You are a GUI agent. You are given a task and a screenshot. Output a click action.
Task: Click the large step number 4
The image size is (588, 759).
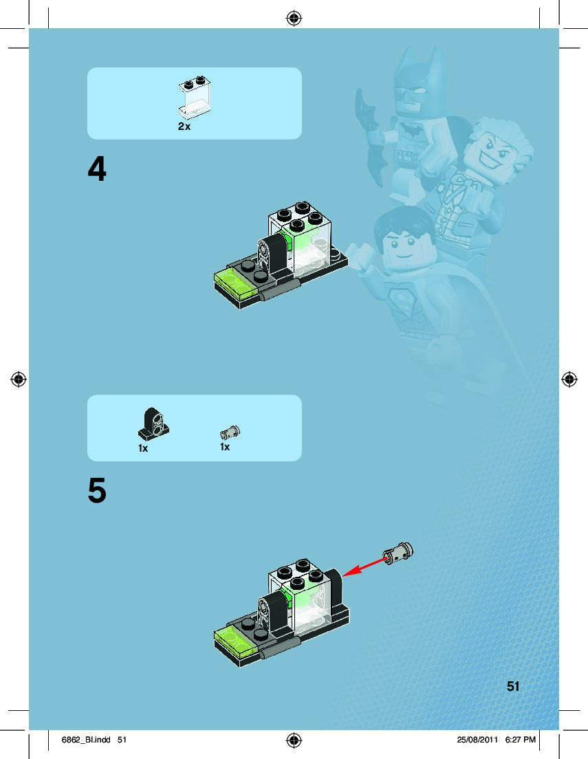click(97, 169)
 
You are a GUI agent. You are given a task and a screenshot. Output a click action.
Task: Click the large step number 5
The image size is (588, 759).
click(97, 490)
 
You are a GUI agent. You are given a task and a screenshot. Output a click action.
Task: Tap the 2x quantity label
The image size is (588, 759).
click(184, 126)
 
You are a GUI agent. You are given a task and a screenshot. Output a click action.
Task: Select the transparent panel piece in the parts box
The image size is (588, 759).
click(195, 98)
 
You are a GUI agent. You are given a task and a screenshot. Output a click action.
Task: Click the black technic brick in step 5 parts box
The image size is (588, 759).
click(153, 423)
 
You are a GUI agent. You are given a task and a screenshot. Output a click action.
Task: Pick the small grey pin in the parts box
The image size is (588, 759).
click(230, 432)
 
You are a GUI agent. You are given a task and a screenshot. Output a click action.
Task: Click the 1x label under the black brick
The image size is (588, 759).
click(143, 448)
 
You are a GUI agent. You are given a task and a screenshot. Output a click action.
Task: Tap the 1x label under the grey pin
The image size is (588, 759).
click(225, 447)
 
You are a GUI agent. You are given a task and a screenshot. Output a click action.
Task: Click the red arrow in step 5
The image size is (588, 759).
click(366, 566)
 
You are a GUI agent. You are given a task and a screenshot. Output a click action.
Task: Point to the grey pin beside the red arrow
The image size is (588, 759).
click(398, 553)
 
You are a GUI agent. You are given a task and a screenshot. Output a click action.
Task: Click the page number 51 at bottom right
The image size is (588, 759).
click(513, 686)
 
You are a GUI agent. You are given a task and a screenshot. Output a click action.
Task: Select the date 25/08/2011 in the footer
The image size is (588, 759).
click(477, 740)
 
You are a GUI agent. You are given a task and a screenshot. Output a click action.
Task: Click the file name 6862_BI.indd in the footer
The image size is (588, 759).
click(86, 740)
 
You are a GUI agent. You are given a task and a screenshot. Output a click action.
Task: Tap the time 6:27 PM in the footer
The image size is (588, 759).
click(520, 740)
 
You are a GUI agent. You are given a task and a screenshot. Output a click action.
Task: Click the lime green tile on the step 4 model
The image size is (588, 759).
click(235, 282)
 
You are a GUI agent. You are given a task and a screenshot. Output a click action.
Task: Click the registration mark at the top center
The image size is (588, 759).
click(294, 19)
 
